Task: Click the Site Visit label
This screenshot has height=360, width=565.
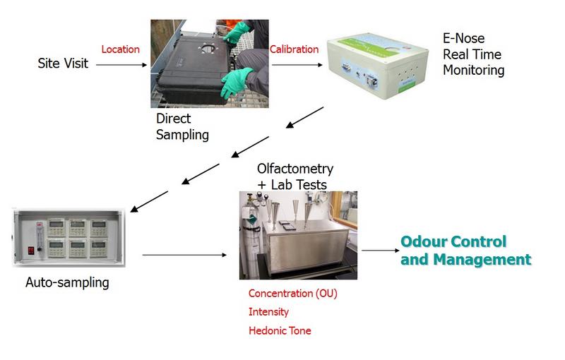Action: coord(62,64)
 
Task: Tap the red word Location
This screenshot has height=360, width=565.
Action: coord(121,49)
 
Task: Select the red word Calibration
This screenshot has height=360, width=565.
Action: coord(294,49)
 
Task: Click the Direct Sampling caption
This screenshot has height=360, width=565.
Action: coord(182,126)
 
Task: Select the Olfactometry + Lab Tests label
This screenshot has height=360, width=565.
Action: coord(295,177)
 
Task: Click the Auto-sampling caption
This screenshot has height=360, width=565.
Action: coord(67,283)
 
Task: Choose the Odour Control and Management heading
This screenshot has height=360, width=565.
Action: coord(465,251)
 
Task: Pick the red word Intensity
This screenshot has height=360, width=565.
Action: coord(268,311)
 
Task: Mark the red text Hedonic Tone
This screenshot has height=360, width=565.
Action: coord(280,330)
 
